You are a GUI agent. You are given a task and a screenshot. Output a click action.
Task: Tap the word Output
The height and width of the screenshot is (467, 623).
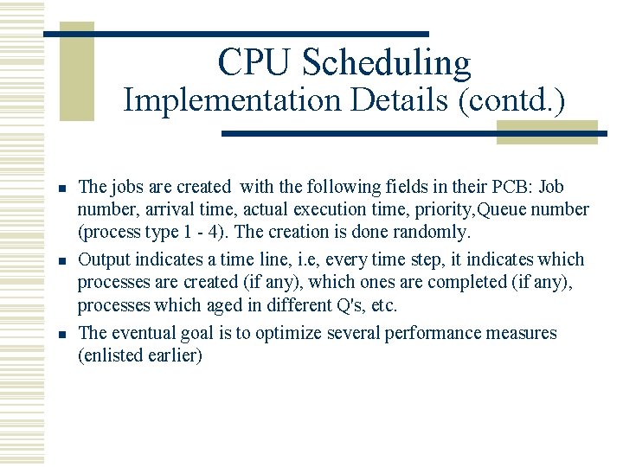click(x=104, y=260)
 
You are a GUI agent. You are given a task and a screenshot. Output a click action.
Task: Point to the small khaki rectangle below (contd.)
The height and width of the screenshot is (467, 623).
click(x=547, y=131)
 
